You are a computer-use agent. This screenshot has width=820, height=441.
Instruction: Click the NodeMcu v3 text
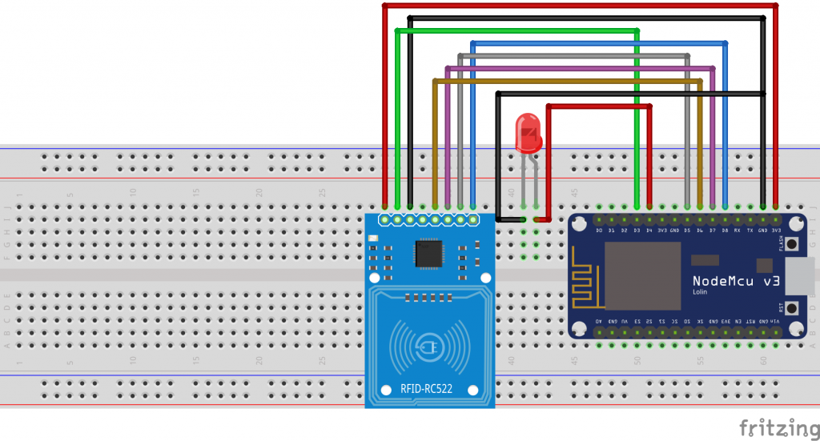pyautogui.click(x=735, y=281)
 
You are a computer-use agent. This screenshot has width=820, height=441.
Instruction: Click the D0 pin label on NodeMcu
pyautogui.click(x=599, y=231)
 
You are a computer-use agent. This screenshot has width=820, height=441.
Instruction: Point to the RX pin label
pyautogui.click(x=737, y=231)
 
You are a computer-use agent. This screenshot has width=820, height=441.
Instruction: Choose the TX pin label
pyautogui.click(x=750, y=231)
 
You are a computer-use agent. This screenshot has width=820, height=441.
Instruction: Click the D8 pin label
pyautogui.click(x=725, y=231)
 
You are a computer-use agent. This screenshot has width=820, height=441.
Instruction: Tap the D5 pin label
pyautogui.click(x=687, y=231)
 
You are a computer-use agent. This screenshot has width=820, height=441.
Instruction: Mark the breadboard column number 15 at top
pyautogui.click(x=196, y=193)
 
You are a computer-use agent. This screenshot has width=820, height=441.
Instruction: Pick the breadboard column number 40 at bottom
pyautogui.click(x=511, y=362)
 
